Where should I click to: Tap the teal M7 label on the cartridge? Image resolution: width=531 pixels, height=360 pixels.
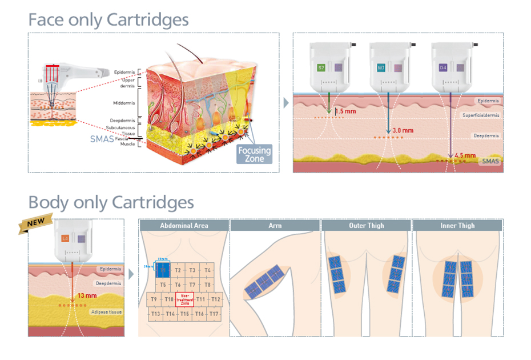click(381, 67)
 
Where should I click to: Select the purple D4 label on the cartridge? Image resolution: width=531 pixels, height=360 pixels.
click(443, 67)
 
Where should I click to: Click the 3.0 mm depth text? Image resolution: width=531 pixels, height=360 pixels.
click(403, 131)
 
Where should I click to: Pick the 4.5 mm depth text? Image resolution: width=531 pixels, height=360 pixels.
click(466, 155)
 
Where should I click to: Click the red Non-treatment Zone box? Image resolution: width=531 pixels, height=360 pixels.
click(184, 299)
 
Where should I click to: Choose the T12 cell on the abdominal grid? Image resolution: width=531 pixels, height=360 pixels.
click(215, 299)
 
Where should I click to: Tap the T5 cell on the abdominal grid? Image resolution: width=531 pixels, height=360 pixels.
click(163, 284)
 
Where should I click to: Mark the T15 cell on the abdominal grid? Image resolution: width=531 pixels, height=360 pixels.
click(184, 314)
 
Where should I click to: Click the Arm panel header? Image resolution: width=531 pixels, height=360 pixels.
click(275, 226)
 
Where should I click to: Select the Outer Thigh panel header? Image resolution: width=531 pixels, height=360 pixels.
click(366, 226)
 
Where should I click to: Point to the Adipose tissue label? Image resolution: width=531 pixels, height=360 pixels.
click(106, 312)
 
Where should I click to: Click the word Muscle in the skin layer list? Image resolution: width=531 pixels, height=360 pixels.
click(128, 144)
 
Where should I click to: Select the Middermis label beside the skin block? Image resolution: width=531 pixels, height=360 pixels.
click(124, 103)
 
